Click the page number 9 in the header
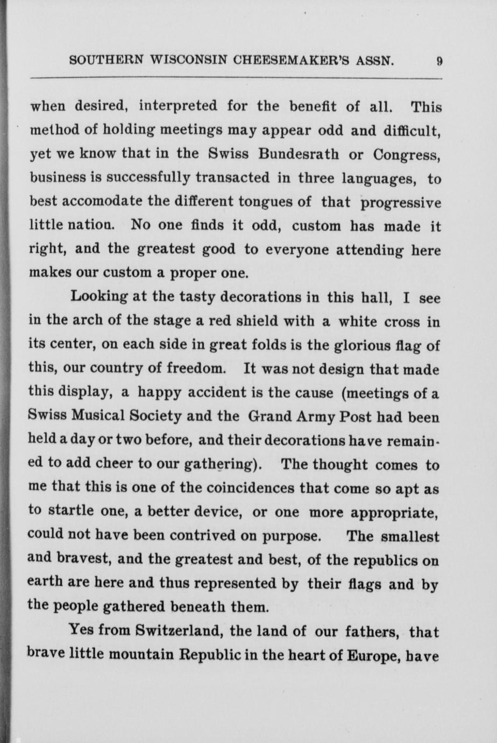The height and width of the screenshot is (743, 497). click(x=439, y=61)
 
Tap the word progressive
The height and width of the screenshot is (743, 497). click(x=401, y=203)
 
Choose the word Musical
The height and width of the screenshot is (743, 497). click(x=101, y=417)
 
